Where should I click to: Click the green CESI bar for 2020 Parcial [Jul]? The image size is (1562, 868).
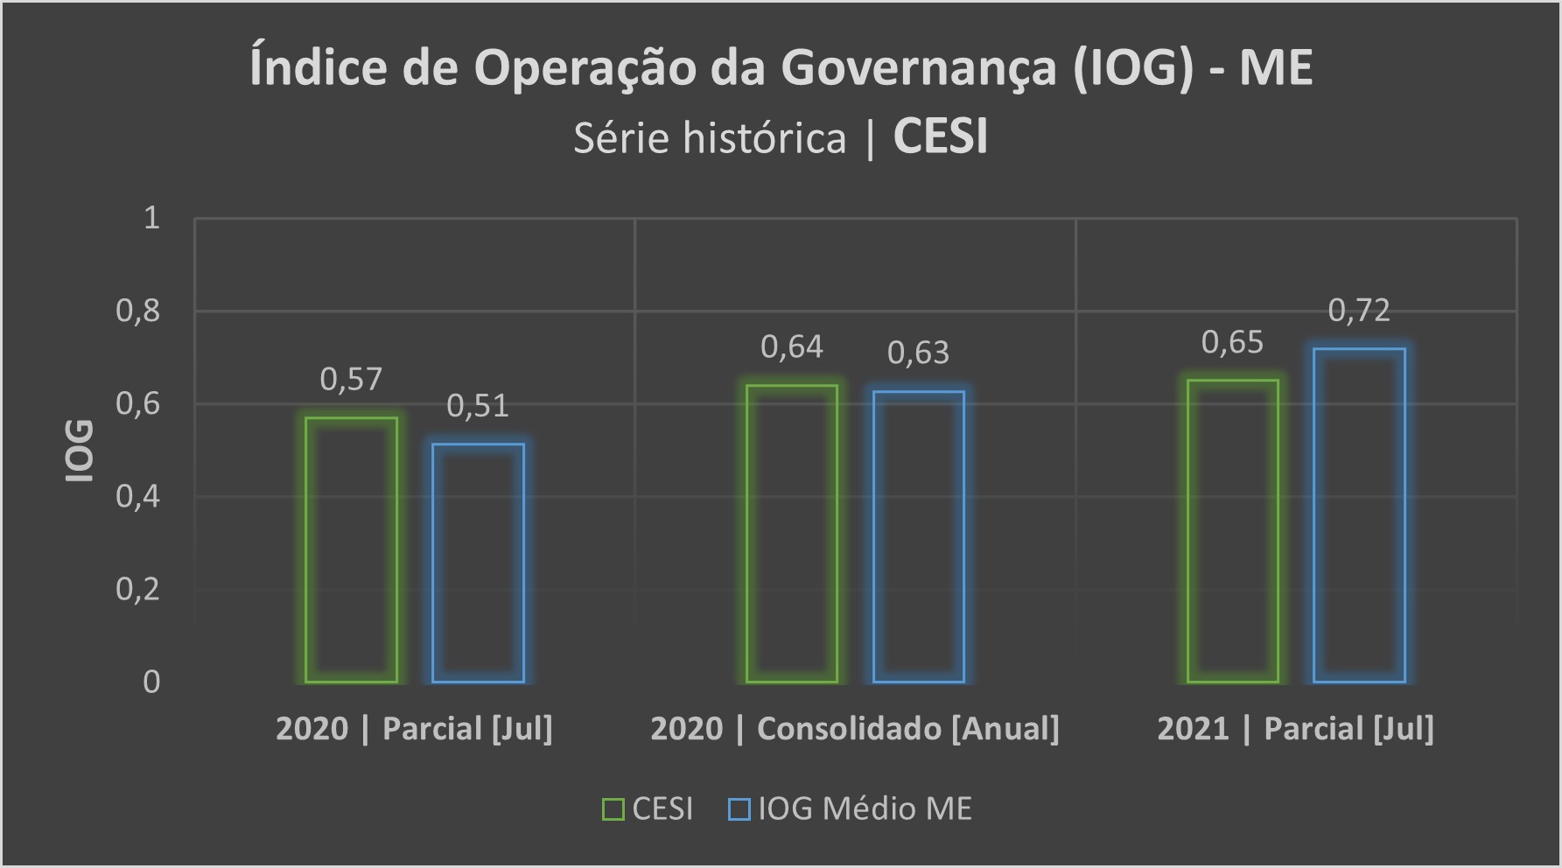351,549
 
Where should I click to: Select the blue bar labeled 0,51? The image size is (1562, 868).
478,563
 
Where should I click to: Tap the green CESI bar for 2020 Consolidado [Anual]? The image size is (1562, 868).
792,533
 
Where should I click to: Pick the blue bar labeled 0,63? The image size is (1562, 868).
919,535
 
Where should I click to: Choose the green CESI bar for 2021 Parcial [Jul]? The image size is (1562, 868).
1233,530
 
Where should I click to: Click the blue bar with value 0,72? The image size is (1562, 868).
1359,514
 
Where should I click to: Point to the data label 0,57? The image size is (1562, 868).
351,380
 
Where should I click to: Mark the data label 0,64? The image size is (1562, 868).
792,348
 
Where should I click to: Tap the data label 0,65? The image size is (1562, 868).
1232,343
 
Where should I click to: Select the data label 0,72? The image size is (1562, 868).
1359,311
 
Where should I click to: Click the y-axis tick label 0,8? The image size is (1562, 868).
138,311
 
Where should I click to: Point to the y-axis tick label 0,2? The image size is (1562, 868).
138,589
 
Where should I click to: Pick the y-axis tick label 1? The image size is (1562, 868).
151,218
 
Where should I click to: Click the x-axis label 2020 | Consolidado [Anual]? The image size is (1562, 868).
854,729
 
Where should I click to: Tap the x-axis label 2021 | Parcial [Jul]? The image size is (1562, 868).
1295,729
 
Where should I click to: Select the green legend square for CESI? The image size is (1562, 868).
613,809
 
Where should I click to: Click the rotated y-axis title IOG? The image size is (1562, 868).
81,451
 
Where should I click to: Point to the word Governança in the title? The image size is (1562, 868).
919,68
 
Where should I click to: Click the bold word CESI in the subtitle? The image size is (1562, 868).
941,137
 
